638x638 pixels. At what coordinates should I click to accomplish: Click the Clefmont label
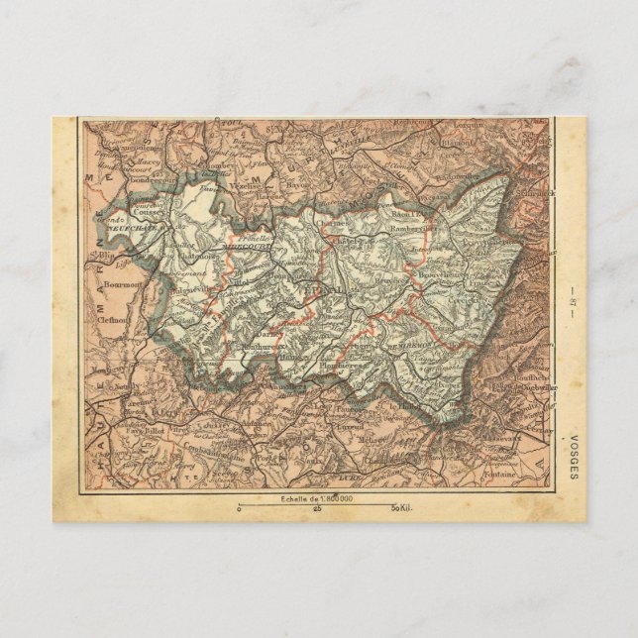(x=117, y=322)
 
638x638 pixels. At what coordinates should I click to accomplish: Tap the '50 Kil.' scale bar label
(x=402, y=508)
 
